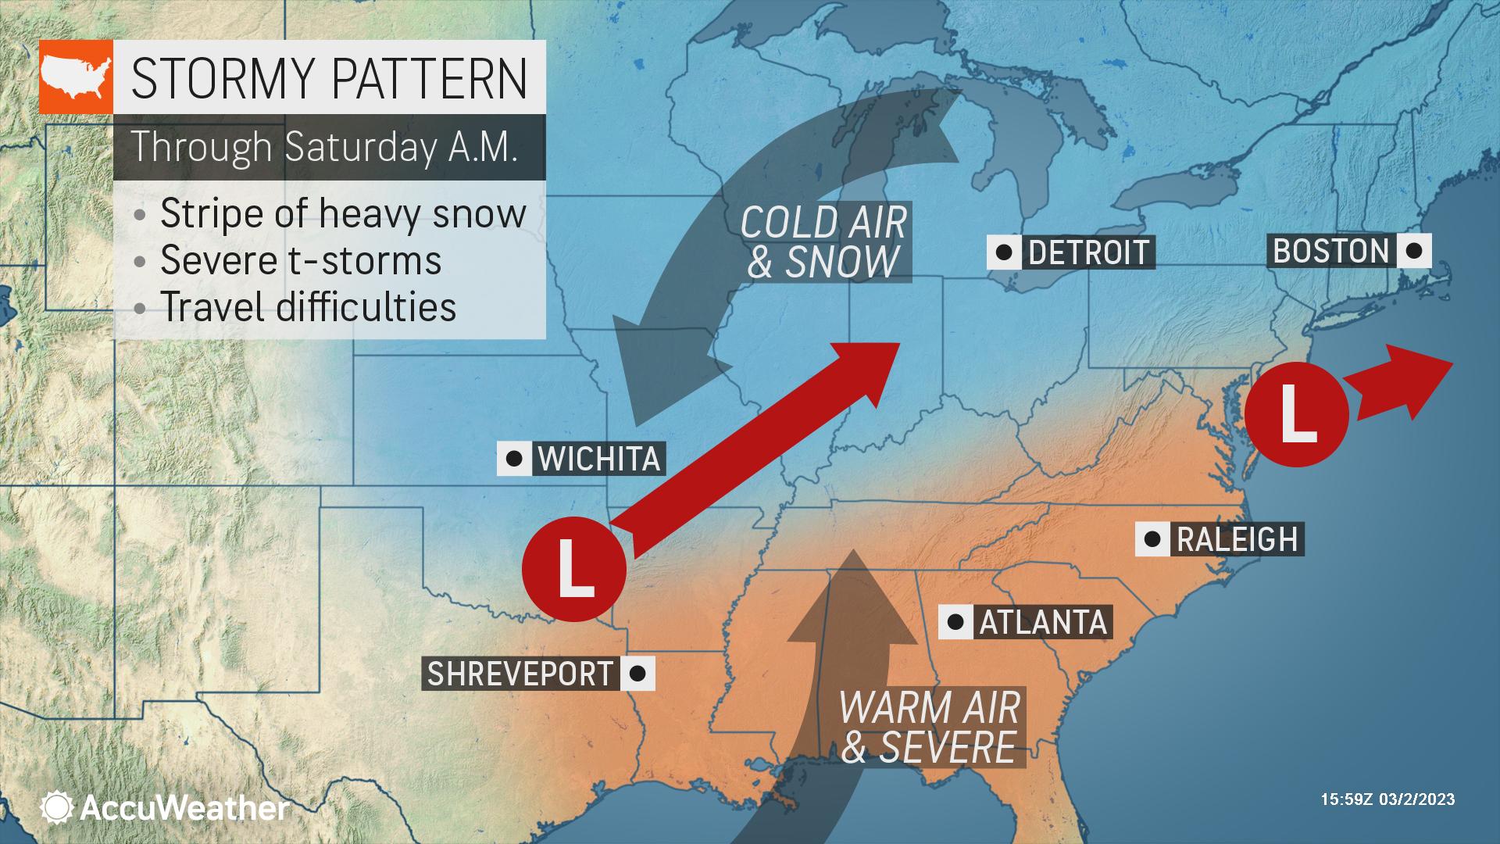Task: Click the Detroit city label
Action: tap(1089, 252)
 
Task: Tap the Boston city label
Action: tap(1330, 251)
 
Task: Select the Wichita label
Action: tap(599, 458)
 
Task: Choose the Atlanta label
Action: tap(1043, 622)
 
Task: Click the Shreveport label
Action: tap(520, 674)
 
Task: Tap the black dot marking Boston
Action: tap(1412, 252)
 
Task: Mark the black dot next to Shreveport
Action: tap(637, 673)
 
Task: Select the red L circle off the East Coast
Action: tap(1296, 415)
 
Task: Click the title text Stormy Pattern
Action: tap(329, 77)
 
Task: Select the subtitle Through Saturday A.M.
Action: tap(324, 146)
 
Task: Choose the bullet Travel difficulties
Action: tap(308, 306)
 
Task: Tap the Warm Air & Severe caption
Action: tap(930, 727)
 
